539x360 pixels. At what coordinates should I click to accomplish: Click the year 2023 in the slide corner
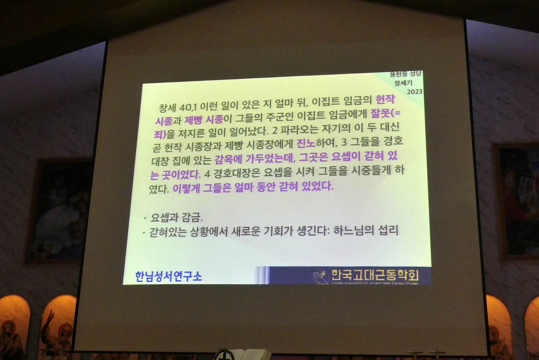(x=414, y=92)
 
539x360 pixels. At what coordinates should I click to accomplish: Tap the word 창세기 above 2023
(x=403, y=83)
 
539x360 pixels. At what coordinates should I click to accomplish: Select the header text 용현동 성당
(x=406, y=74)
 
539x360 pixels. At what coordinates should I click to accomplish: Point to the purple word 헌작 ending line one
(x=385, y=99)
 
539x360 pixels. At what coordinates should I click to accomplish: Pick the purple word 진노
(x=306, y=143)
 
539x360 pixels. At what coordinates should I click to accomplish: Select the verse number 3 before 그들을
(x=344, y=142)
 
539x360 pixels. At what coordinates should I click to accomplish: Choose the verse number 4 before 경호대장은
(x=207, y=174)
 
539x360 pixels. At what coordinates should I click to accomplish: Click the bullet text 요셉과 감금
(x=176, y=217)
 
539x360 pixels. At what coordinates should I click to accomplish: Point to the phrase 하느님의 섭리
(x=366, y=230)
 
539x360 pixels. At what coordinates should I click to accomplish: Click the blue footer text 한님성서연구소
(x=168, y=276)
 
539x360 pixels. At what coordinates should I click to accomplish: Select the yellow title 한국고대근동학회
(x=375, y=275)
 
